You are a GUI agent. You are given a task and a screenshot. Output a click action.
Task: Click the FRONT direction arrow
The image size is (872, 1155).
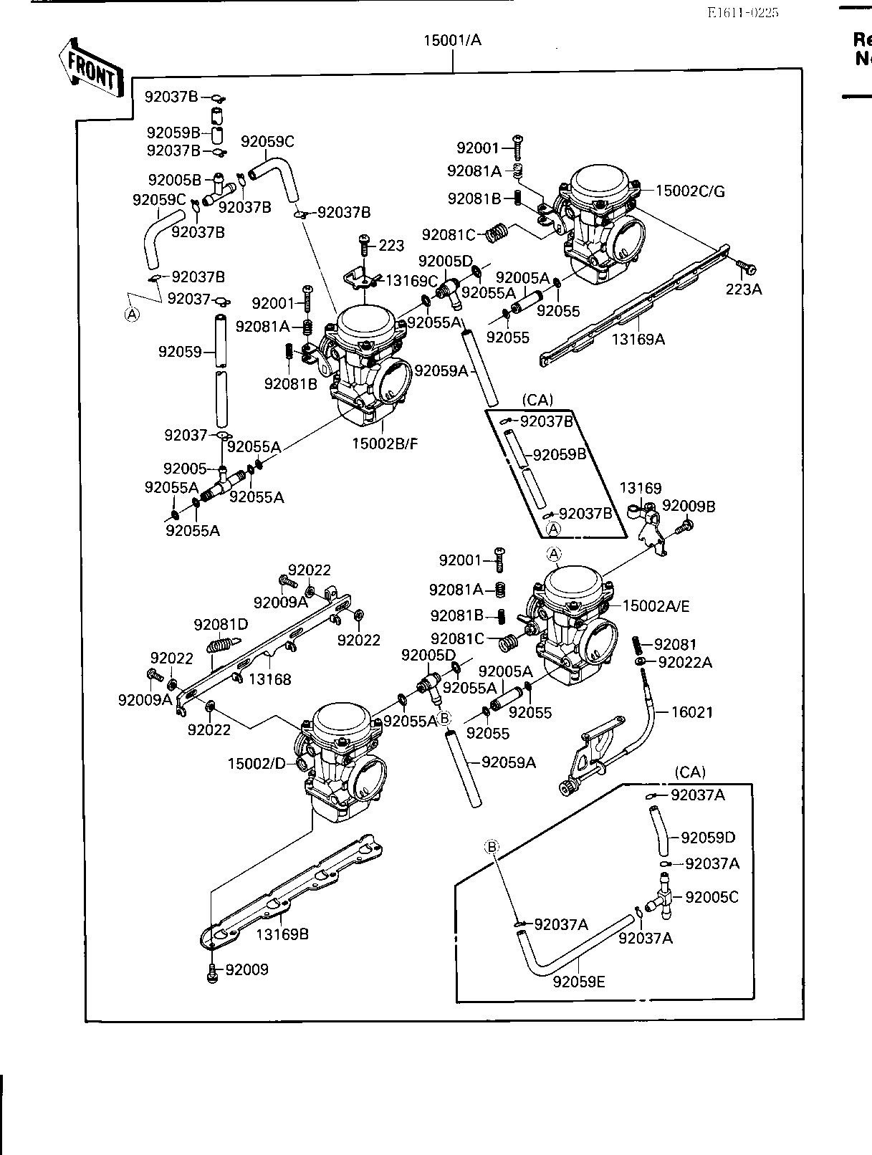coord(90,68)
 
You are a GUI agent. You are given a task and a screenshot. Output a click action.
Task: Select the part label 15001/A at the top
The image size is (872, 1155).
coord(453,40)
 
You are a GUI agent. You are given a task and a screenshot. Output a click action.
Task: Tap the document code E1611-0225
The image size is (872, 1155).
coord(742,12)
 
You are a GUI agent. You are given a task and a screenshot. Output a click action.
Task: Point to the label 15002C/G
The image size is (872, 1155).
coord(690,191)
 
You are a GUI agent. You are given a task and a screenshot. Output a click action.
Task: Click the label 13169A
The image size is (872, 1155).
coord(638,340)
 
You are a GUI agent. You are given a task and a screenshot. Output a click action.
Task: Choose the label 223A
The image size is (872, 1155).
coord(744,289)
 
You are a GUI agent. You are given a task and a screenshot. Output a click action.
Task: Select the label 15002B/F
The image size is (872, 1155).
coord(385,444)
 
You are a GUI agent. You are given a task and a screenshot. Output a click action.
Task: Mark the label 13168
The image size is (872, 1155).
coord(269,679)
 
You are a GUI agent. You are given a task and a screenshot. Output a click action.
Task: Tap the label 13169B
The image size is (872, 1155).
coord(282,934)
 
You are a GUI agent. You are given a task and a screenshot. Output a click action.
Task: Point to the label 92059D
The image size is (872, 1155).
coord(709,838)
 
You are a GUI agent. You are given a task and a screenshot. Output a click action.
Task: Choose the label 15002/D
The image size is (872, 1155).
coord(257,764)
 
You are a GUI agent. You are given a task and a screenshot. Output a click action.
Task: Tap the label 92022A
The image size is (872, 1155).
coord(685,663)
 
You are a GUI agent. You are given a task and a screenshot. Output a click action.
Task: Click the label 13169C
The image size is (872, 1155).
coord(411,280)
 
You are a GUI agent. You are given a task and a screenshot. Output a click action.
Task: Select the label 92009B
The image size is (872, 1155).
coord(689,506)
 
